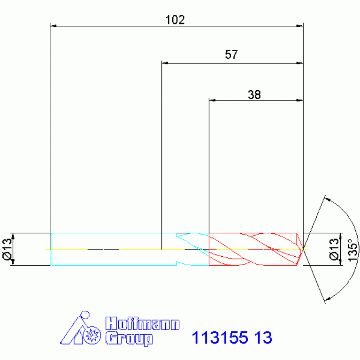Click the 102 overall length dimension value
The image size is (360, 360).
[175, 20]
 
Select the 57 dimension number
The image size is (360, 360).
[231, 54]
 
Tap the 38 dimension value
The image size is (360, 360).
[254, 95]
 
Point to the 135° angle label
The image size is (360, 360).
[353, 250]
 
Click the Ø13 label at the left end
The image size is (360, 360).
[7, 249]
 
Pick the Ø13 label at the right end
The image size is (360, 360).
[334, 249]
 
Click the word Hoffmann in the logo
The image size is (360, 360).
[142, 324]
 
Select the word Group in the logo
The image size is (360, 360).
[129, 339]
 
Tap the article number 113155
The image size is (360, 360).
[220, 337]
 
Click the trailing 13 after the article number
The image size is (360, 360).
[263, 337]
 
